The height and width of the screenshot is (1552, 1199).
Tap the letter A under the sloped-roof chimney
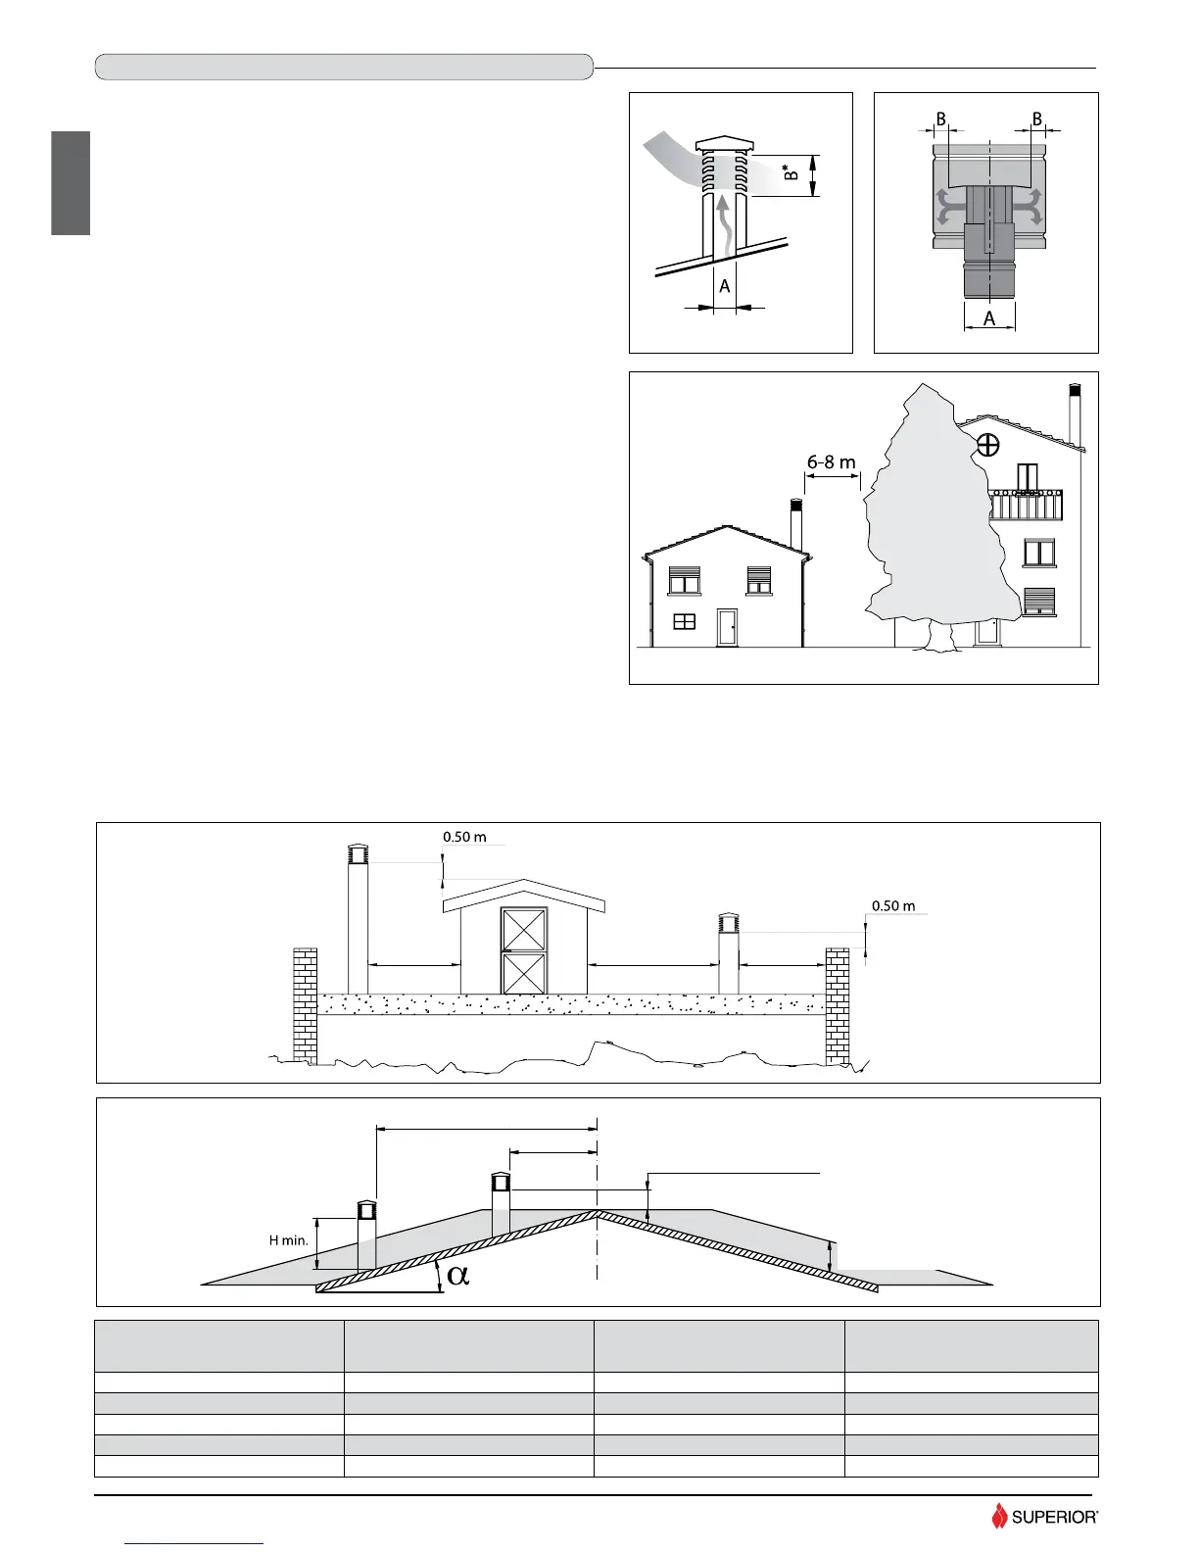point(725,287)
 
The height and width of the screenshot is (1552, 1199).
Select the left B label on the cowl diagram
point(940,119)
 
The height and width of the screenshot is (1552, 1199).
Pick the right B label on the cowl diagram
point(1036,119)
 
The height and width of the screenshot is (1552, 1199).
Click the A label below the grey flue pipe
point(989,318)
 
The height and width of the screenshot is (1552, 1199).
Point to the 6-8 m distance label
point(832,461)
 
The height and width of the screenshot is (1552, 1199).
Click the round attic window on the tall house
point(987,446)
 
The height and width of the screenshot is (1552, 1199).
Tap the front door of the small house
point(727,627)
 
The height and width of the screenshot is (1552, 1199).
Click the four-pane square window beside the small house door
point(684,621)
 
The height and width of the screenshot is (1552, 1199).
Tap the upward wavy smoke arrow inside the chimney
point(722,226)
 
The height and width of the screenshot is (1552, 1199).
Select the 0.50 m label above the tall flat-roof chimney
point(464,837)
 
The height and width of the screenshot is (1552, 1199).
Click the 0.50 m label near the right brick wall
point(893,905)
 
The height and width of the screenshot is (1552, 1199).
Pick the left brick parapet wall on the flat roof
point(305,1004)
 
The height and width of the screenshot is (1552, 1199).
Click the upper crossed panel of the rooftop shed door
point(524,930)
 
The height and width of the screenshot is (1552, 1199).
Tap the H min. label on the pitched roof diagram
point(289,1240)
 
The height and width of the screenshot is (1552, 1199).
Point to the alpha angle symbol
point(457,1275)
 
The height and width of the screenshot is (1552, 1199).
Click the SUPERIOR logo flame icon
point(999,1516)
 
